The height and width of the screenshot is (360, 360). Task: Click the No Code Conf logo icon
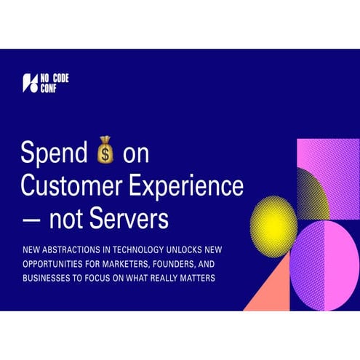[29, 83]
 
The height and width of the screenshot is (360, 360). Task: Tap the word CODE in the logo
[61, 78]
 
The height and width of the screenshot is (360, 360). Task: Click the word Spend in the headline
[55, 153]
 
